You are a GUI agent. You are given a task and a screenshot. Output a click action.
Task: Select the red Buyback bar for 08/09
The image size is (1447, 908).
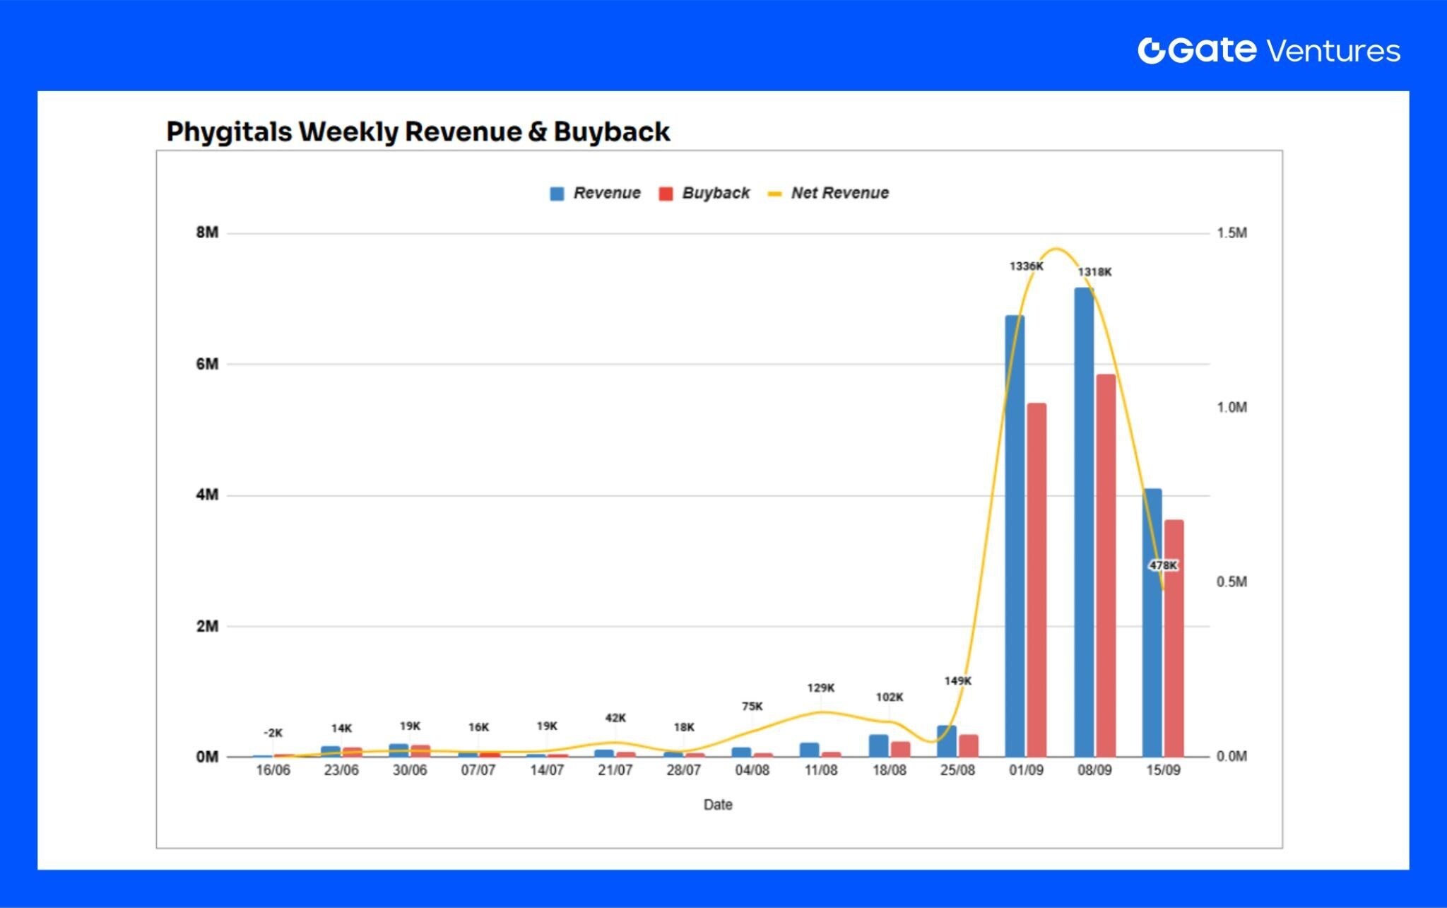point(1106,565)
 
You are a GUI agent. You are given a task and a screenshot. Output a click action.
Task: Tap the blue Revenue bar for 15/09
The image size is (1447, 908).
point(1152,622)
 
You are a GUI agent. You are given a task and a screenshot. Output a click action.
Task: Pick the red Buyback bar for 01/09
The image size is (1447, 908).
point(1036,579)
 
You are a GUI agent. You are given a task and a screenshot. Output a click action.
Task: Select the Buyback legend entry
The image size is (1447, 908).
point(704,193)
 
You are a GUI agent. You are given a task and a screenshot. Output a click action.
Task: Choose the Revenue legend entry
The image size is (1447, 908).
point(596,193)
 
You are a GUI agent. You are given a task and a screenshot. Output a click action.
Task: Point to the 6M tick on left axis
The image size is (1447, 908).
point(208,364)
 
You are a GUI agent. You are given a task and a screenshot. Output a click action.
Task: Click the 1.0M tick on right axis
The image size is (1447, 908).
point(1232,407)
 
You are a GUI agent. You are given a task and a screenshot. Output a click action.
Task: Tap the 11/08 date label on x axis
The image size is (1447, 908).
point(820,770)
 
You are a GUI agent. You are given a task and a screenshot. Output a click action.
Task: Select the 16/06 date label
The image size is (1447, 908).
point(273,770)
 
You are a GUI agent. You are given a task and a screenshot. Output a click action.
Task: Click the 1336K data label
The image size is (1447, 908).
point(1026,266)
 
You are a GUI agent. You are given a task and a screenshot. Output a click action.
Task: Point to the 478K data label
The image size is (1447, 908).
point(1163,565)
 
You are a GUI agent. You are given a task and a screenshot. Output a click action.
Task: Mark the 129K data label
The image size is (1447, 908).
point(820,688)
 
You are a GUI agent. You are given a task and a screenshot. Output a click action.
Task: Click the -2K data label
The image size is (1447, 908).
point(273,733)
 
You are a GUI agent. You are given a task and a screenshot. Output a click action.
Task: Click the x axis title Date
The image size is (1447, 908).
point(718,804)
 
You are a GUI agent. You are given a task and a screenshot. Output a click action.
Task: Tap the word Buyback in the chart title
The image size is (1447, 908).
point(611,132)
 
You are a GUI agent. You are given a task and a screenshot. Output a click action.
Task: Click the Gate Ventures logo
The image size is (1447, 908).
point(1268,50)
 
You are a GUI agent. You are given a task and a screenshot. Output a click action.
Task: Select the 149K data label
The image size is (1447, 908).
point(957,680)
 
